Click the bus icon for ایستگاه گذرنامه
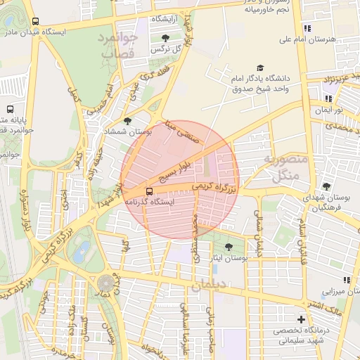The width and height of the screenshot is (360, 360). [x=148, y=191]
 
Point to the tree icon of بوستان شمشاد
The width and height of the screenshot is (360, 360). [x=127, y=121]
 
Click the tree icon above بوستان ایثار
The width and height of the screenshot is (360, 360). [x=229, y=247]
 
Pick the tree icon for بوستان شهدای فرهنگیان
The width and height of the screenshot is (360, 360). [x=325, y=186]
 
